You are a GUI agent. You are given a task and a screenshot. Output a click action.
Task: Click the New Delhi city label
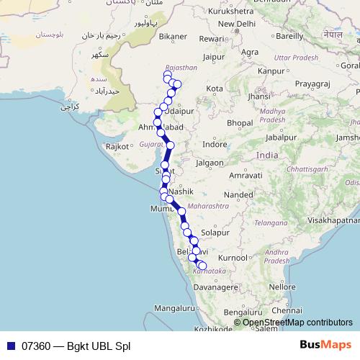[x=238, y=23]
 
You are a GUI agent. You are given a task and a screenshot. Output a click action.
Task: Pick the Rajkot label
[x=117, y=146]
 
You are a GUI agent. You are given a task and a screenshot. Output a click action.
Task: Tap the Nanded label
[x=238, y=194]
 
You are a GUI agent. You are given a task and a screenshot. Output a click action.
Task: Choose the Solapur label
[x=215, y=233]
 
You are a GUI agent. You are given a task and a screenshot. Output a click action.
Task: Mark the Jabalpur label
[x=282, y=137]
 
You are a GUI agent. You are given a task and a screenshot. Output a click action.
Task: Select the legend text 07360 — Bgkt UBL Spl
[x=76, y=346]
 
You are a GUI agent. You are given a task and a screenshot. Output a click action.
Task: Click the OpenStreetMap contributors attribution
[x=297, y=323]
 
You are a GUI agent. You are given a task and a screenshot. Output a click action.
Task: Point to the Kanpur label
[x=271, y=71]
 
